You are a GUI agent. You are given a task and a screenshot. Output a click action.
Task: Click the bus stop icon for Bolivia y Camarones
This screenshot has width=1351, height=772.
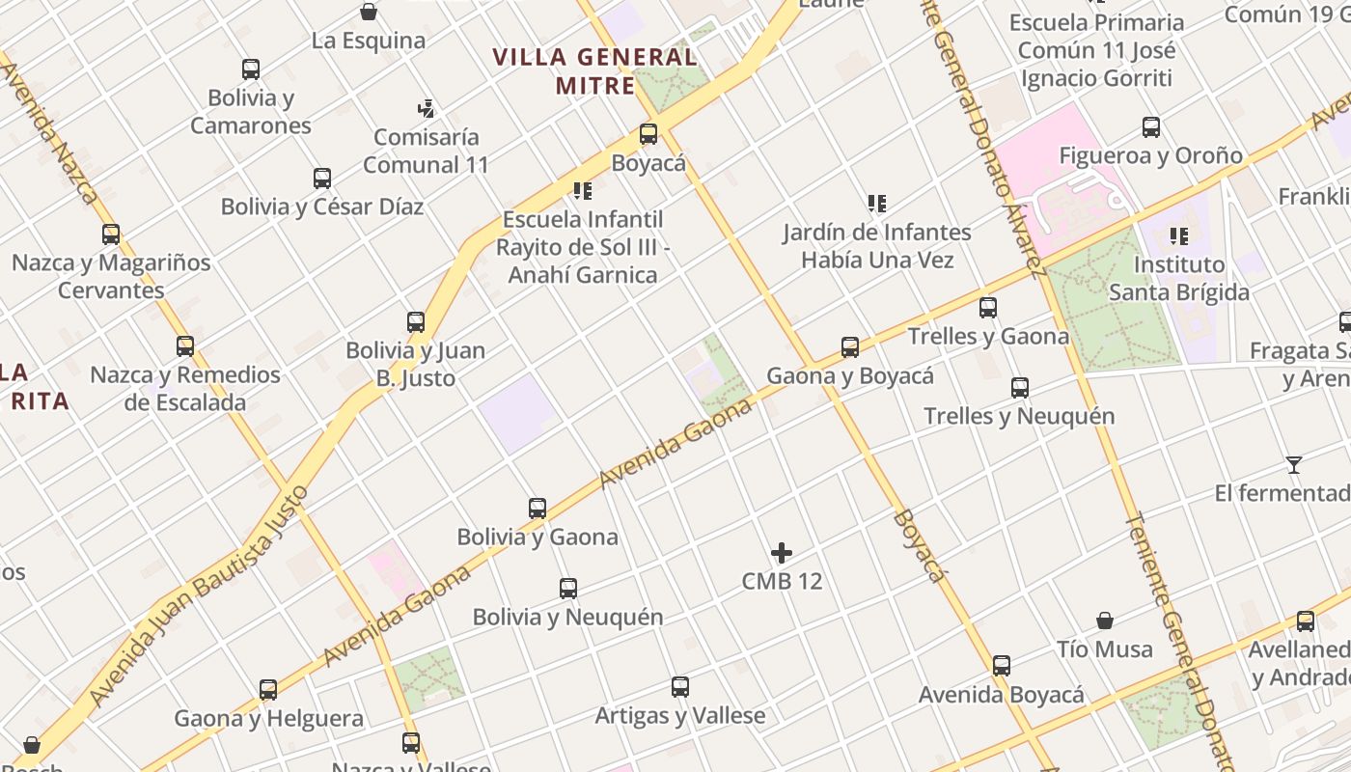coord(251,69)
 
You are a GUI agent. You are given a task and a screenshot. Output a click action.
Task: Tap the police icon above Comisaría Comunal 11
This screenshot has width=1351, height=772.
coord(426,108)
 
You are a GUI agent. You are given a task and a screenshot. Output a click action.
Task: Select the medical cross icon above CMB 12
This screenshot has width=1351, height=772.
coord(782,553)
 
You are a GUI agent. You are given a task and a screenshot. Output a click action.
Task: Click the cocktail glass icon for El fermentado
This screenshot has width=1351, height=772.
coord(1294,465)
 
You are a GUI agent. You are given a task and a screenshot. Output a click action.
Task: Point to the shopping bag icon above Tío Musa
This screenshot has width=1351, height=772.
coord(1105,620)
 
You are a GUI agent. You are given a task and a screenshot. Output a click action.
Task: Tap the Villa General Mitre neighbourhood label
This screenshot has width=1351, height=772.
coord(594,70)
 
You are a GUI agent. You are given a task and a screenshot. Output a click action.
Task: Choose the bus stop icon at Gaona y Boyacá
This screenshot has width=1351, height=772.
coord(850,347)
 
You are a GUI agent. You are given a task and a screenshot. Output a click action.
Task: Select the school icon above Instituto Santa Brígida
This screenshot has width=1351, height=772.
coord(1178,236)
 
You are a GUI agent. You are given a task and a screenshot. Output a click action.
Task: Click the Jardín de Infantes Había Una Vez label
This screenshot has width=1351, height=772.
coord(877,246)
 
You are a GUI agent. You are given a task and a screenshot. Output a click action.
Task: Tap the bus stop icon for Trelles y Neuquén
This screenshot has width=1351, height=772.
coord(1020,388)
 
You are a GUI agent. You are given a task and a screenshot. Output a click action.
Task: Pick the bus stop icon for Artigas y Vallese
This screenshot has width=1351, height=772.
coord(680,687)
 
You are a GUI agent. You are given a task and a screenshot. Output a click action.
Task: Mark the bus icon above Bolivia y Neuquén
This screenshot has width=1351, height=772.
coord(568,588)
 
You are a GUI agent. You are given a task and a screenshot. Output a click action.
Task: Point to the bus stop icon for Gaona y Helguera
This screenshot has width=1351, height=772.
coord(268,690)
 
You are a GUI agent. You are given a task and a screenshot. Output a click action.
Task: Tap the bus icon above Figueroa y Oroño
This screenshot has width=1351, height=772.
coord(1151,126)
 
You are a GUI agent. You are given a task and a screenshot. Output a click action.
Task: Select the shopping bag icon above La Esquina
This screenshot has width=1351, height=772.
coord(369,13)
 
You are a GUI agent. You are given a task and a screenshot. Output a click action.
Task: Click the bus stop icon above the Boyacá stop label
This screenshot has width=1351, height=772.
coord(648,134)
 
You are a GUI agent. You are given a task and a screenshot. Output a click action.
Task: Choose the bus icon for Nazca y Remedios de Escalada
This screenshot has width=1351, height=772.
coord(185,345)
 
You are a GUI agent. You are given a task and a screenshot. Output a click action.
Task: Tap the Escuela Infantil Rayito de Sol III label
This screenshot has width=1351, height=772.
coord(582,247)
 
